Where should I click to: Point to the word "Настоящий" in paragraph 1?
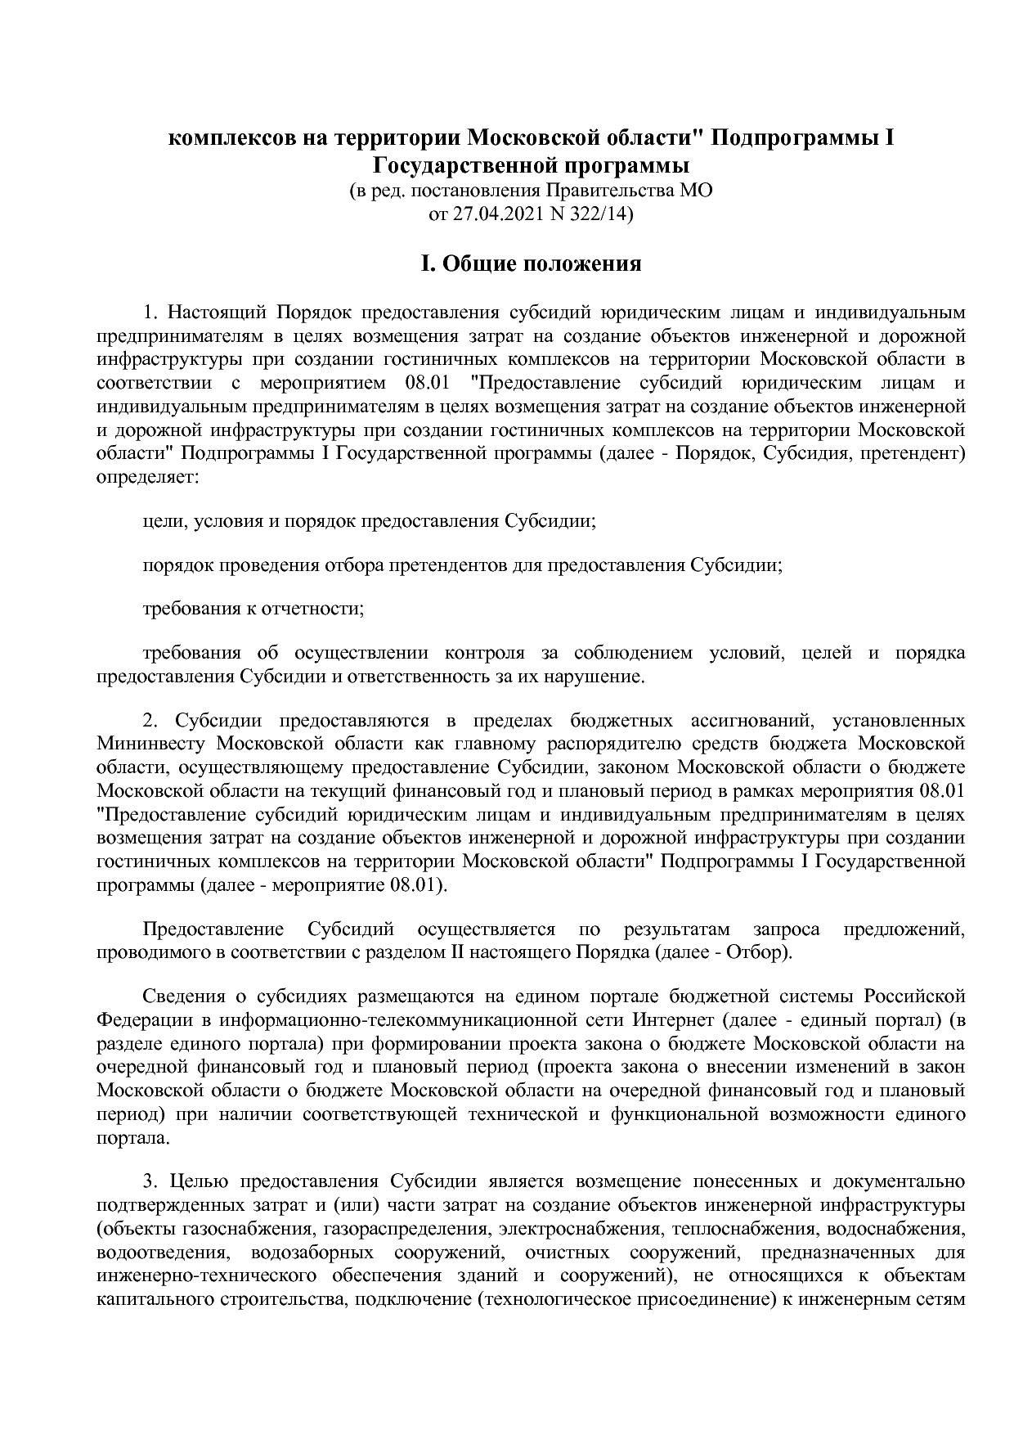coord(219,313)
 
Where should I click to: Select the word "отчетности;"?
coord(318,609)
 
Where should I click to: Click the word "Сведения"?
coord(184,997)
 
